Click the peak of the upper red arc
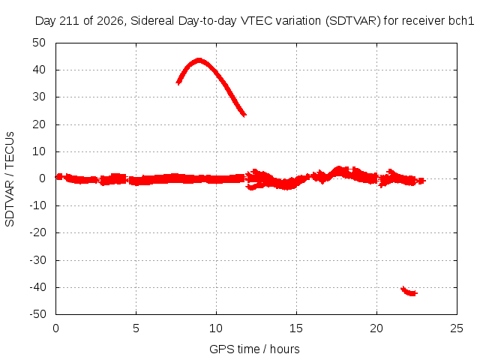click(199, 59)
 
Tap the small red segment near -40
click(409, 292)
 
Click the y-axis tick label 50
click(39, 43)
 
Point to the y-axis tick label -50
click(37, 314)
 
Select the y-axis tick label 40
click(39, 70)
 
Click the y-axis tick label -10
click(37, 205)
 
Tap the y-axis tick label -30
click(37, 260)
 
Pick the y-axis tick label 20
click(39, 124)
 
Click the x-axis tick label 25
click(457, 328)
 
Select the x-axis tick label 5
click(136, 328)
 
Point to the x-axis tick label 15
click(296, 328)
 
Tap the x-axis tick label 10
click(216, 328)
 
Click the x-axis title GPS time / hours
click(254, 349)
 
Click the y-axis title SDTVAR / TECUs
click(10, 179)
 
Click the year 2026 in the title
click(110, 21)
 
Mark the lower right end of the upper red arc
click(245, 115)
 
